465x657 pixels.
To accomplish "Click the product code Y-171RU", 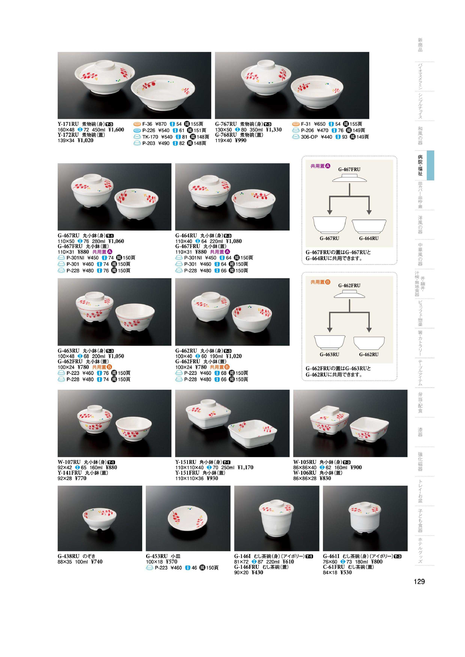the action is pyautogui.click(x=68, y=124).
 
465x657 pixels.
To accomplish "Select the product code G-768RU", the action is pyautogui.click(x=226, y=135).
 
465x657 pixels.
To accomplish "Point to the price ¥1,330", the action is pyautogui.click(x=274, y=130).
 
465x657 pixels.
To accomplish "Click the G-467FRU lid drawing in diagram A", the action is pyautogui.click(x=349, y=179).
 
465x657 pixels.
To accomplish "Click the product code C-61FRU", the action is pyautogui.click(x=334, y=567).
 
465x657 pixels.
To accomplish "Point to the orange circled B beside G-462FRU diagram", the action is pyautogui.click(x=328, y=282).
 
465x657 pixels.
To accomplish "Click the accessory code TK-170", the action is pyautogui.click(x=150, y=137).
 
